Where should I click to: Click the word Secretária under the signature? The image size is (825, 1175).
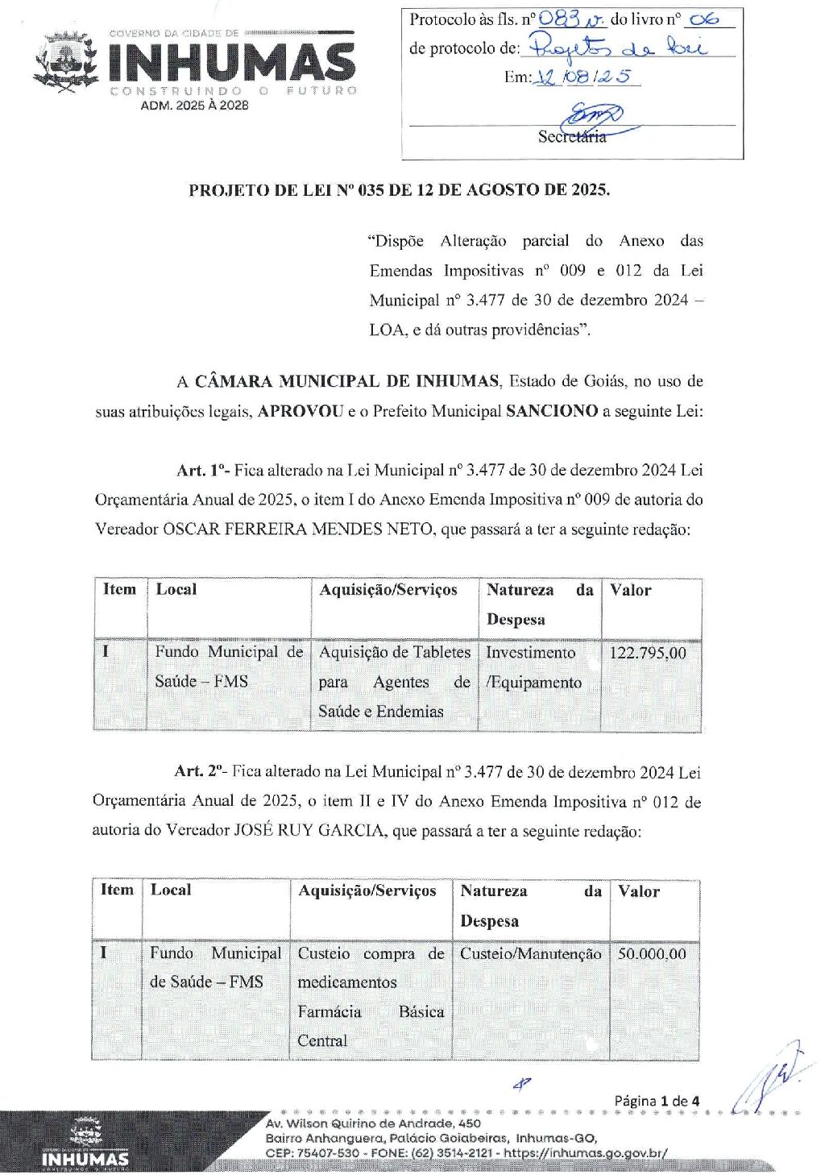(571, 136)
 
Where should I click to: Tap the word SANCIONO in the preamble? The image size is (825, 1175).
(552, 411)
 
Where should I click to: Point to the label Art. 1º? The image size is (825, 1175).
(202, 470)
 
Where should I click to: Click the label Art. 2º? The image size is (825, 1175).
(200, 771)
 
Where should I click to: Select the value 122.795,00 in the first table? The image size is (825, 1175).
(648, 653)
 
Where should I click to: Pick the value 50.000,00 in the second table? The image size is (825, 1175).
(652, 954)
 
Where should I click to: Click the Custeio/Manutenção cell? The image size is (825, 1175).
(530, 954)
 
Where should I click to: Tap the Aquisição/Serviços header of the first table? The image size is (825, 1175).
(388, 590)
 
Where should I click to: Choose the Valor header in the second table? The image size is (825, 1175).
(639, 891)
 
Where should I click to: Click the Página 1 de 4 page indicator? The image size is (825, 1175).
(657, 1101)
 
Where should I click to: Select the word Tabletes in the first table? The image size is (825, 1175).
(442, 652)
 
